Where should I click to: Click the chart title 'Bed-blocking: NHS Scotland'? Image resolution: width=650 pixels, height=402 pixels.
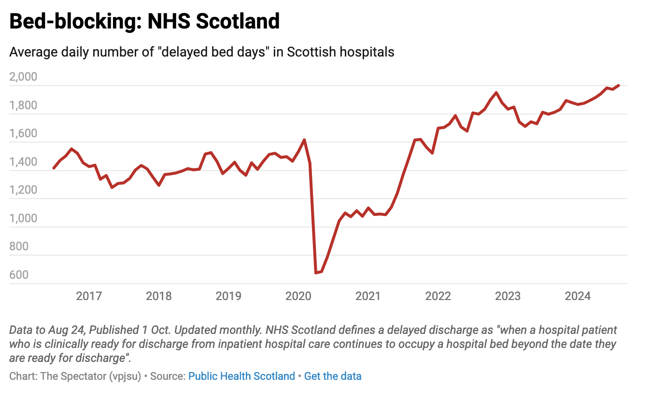coord(144,21)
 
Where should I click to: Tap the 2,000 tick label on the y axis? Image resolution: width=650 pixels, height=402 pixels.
coord(23,77)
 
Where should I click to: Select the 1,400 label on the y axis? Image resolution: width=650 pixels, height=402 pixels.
coord(23,162)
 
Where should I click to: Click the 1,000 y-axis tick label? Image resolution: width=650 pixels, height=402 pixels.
coord(23,218)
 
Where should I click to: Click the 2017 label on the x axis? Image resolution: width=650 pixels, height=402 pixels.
coord(89,296)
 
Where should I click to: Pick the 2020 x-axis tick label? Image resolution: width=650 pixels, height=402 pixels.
coord(298,296)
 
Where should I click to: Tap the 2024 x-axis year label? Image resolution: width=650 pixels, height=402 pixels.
coord(578,296)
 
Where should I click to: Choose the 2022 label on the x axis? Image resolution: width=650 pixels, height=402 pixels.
coord(438,296)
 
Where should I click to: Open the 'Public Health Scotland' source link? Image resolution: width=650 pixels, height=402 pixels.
coord(241,376)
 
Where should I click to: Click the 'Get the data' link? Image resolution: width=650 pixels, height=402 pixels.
coord(333,376)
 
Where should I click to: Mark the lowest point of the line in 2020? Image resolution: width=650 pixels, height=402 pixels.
coord(316,273)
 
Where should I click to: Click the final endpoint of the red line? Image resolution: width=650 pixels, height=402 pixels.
coord(619,86)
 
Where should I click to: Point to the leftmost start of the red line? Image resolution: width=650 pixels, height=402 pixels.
coord(54,168)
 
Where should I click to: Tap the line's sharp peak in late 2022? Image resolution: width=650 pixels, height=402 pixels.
coord(496,92)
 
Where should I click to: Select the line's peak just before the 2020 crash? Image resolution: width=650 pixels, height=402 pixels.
coord(304,140)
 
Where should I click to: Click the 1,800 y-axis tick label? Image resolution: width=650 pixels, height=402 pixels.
coord(23,105)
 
